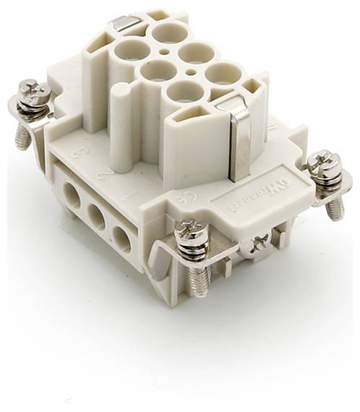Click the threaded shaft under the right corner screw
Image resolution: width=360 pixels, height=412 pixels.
click(x=333, y=209)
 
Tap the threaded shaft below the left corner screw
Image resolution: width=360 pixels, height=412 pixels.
click(x=23, y=135)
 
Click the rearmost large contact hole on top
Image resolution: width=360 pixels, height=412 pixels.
click(x=168, y=33)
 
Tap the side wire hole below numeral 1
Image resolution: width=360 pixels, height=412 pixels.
click(x=121, y=239)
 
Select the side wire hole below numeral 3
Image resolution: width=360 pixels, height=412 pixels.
click(x=70, y=194)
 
